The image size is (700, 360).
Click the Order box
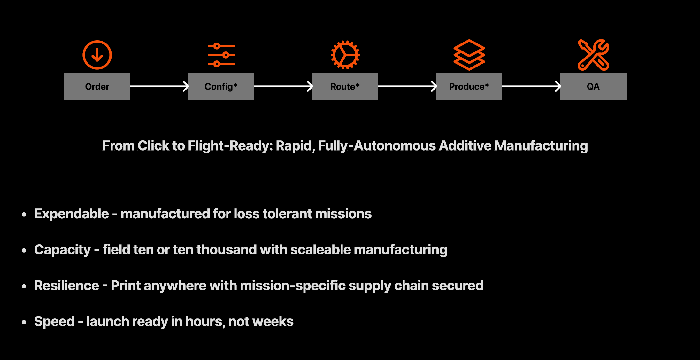tap(97, 86)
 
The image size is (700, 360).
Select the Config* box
tap(221, 86)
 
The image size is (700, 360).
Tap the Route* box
tap(345, 86)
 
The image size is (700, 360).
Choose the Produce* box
tap(469, 86)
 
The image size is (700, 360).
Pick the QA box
tap(593, 86)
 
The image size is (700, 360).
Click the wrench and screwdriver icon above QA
tap(593, 55)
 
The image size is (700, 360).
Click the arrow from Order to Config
tap(159, 86)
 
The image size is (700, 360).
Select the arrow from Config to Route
tap(283, 86)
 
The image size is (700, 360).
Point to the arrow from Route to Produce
tap(407, 86)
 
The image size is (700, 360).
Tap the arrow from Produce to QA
tap(531, 86)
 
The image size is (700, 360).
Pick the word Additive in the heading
tap(465, 146)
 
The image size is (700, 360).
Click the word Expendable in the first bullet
tap(72, 214)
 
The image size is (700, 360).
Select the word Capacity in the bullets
tap(63, 250)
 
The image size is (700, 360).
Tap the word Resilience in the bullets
tap(66, 286)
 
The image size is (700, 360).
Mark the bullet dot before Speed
tap(24, 322)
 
